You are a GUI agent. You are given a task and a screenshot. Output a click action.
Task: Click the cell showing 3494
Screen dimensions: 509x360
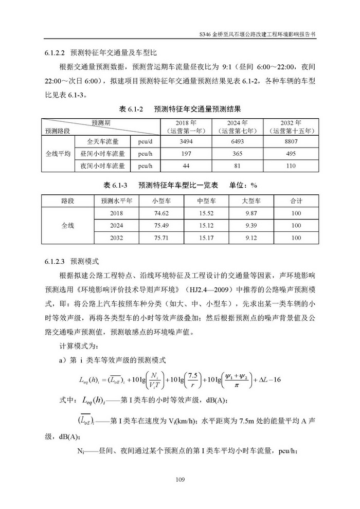(186, 141)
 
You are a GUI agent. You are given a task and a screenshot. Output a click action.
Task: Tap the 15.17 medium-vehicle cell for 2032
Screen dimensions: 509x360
(206, 238)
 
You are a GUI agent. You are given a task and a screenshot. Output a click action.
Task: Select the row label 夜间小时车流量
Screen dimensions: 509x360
(103, 166)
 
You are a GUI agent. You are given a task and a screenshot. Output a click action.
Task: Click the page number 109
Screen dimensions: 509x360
(180, 480)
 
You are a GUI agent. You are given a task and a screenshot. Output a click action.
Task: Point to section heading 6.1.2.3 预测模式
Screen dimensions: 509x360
(69, 261)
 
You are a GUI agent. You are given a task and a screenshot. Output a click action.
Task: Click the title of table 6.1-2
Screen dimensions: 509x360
(180, 110)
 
